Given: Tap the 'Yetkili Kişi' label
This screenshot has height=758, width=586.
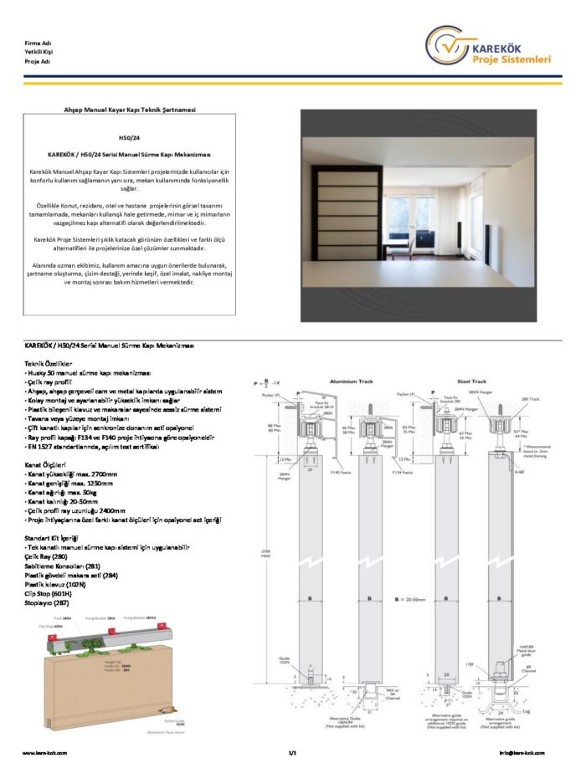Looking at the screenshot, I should coord(39,52).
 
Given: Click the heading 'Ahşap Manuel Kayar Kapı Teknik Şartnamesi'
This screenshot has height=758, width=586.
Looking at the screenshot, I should coord(130,110).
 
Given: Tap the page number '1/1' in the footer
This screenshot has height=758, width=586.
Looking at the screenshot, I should coord(293,753).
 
